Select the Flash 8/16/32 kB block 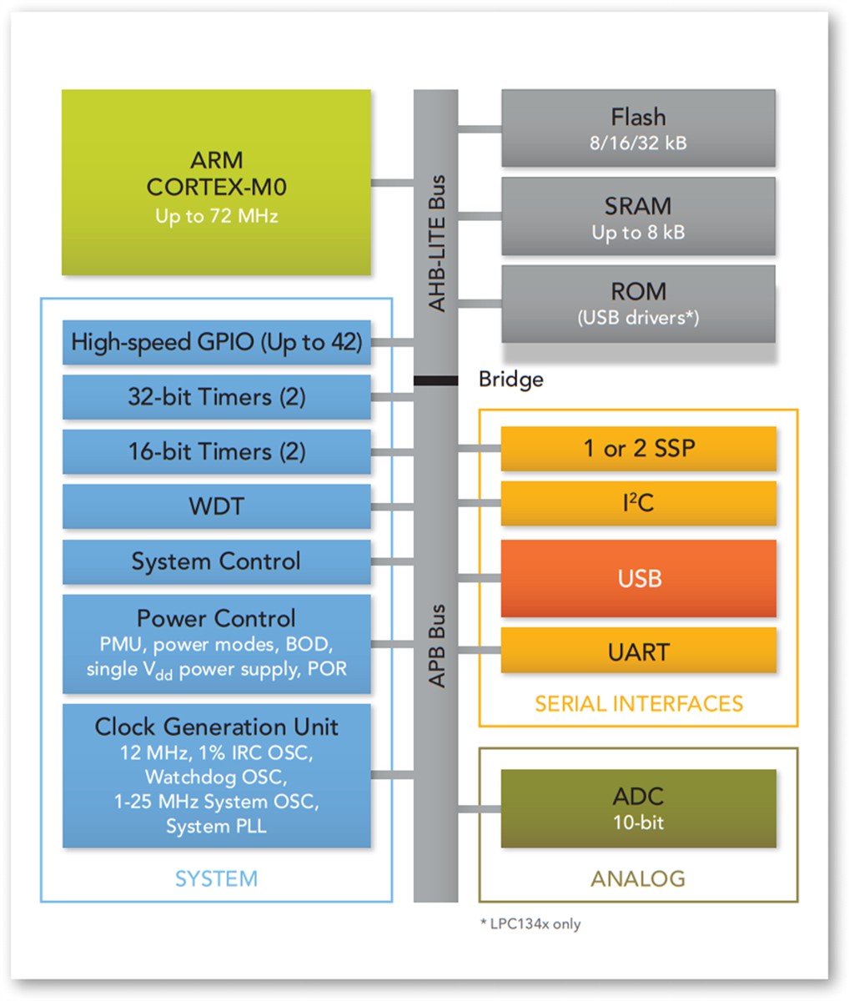pos(638,128)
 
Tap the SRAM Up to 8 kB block pos(638,216)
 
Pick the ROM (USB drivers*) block pos(638,304)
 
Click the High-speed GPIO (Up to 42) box pos(216,342)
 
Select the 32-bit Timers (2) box pos(216,397)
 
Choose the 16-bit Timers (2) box pos(216,452)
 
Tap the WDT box pos(216,506)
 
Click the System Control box pos(216,561)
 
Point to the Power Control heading pos(216,618)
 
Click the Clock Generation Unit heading pos(216,727)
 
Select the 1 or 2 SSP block pos(638,449)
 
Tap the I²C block pos(638,503)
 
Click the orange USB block pos(638,578)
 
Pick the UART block pos(638,651)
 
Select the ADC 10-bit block pos(638,808)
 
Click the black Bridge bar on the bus pos(435,381)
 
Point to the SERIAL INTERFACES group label pos(638,703)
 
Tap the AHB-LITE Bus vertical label pos(436,243)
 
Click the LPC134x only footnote pos(530,923)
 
